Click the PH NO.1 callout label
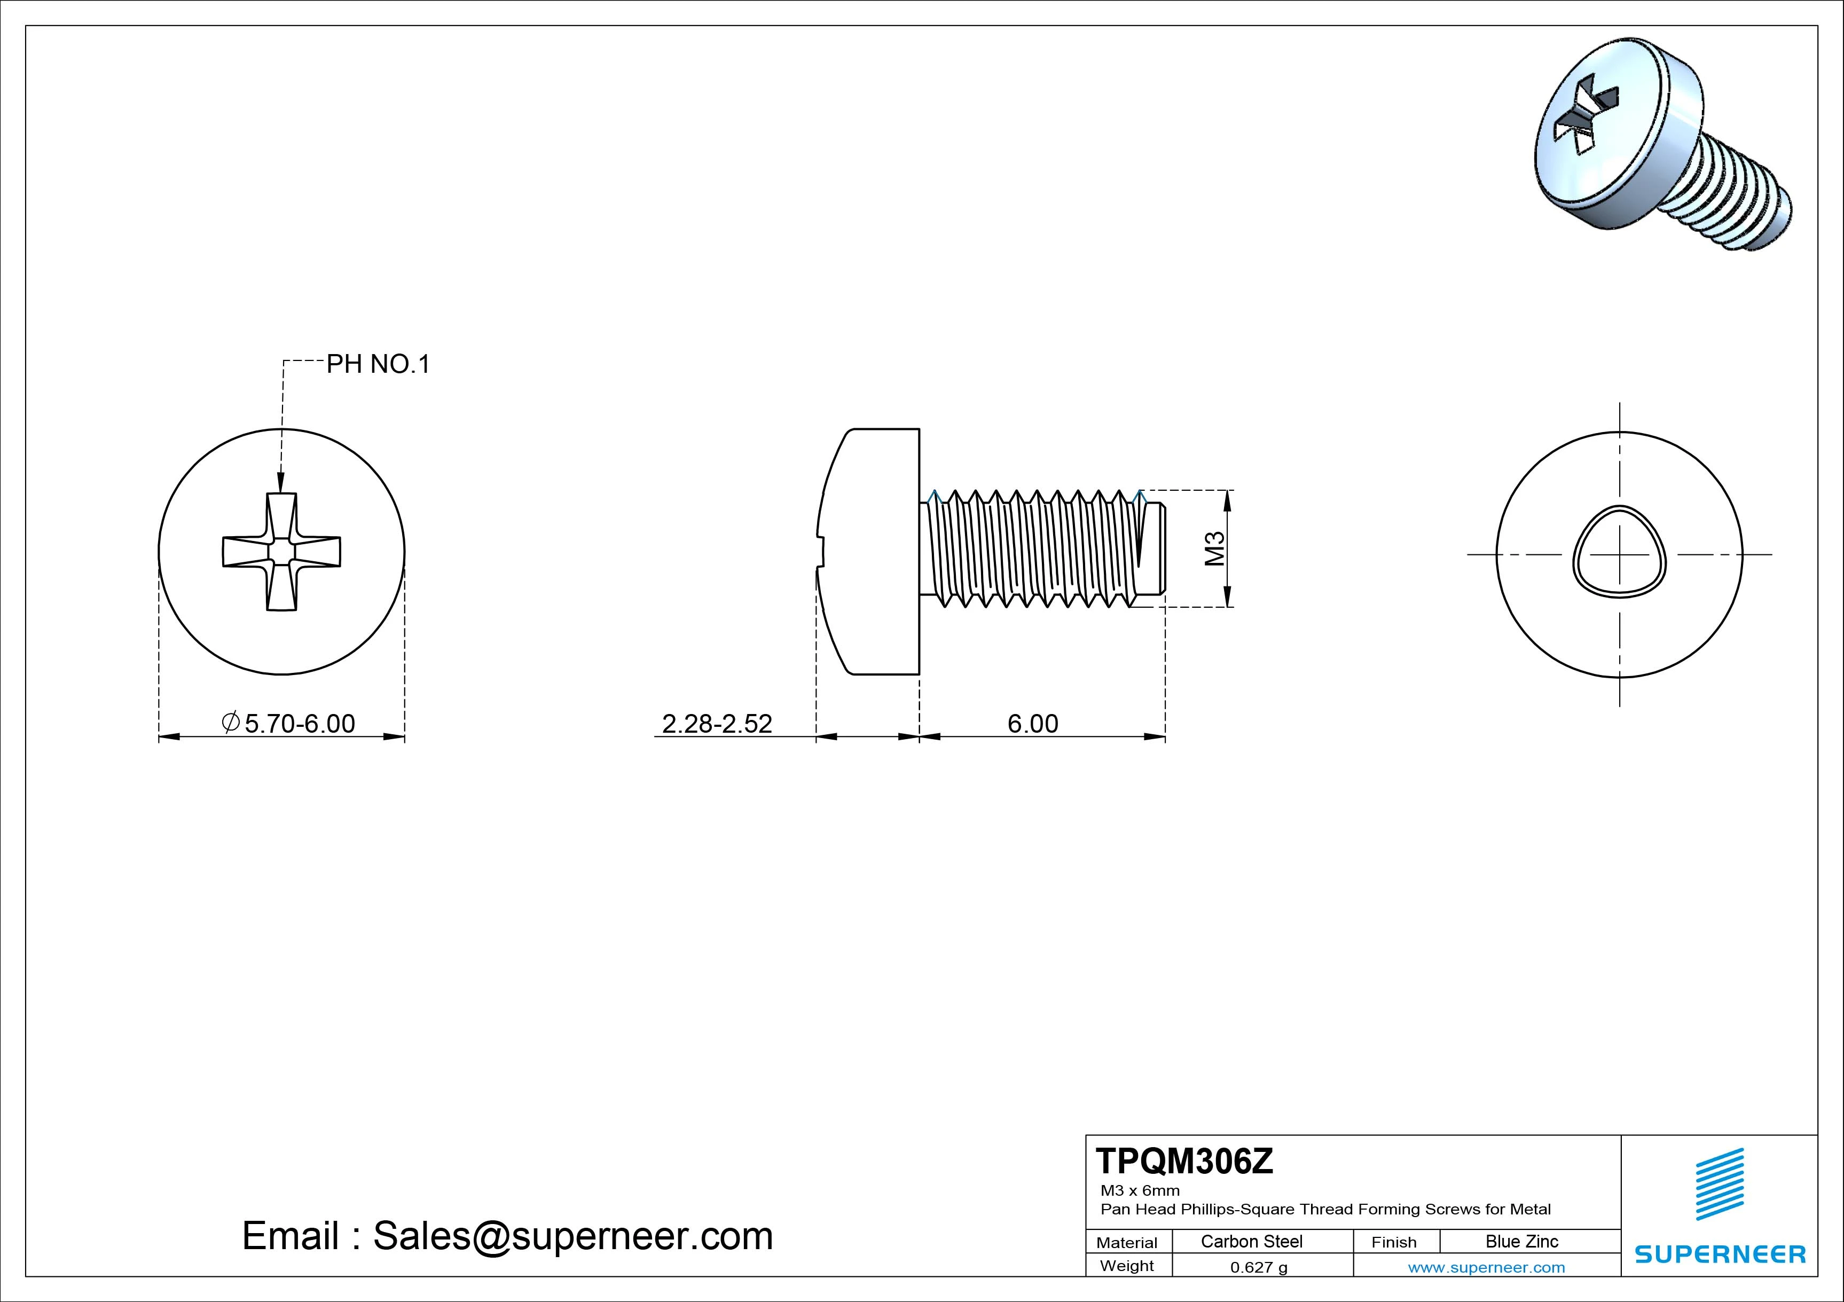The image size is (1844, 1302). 378,365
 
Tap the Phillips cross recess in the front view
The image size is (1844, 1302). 281,552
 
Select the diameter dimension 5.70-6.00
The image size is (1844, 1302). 299,724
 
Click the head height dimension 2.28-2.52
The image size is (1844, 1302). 716,724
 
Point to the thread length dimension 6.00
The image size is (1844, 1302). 1033,724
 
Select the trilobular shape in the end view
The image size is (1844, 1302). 1619,552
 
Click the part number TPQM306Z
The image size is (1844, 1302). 1184,1162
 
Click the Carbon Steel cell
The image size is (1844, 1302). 1251,1242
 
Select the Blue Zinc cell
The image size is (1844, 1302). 1522,1242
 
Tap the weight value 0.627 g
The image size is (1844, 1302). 1259,1267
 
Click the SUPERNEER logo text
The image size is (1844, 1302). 1720,1254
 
